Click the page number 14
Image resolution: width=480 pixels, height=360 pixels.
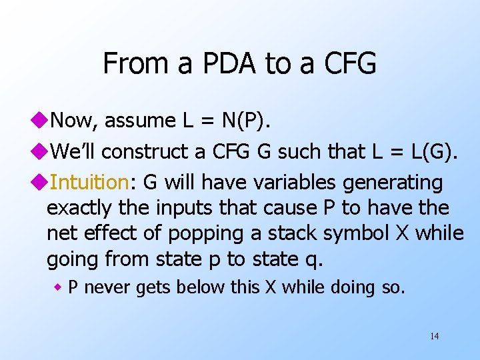pos(434,336)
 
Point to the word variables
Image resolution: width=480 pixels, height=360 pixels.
pos(266,182)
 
